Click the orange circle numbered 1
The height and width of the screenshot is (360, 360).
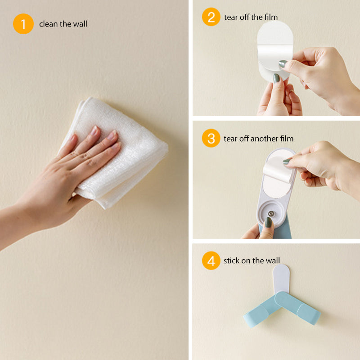tap(23, 24)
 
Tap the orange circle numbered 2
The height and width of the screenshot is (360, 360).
tap(211, 18)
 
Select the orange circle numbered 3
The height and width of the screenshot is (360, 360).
tap(211, 138)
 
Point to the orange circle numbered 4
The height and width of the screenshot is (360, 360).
tap(211, 261)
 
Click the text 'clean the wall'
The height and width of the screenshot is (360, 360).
tap(63, 24)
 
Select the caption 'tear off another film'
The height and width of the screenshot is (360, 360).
tap(258, 139)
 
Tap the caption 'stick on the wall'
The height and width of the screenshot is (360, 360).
tap(252, 261)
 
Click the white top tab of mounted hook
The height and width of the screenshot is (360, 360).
tap(281, 277)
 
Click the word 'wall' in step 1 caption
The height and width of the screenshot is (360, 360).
tap(80, 24)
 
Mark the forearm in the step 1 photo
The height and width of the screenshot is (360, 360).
tap(27, 220)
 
